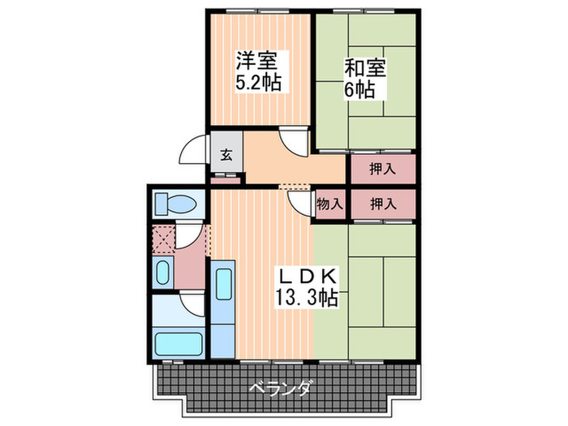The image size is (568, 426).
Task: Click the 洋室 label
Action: pos(257,60)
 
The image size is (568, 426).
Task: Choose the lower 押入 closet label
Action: pos(382,204)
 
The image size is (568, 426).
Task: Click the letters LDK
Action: pos(308,275)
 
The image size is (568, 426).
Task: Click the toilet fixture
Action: pos(175,203)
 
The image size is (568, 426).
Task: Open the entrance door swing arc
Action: pos(192,152)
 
